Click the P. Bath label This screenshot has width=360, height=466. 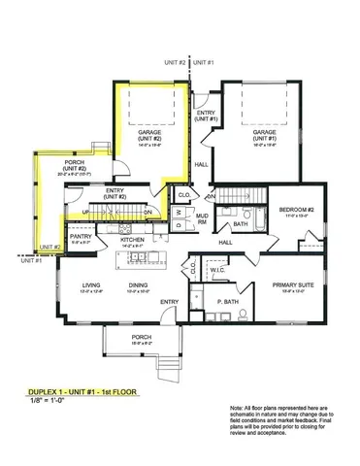pos(227,302)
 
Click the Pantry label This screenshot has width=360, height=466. pos(81,236)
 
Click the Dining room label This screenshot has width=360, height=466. pos(138,285)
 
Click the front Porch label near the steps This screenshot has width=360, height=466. pos(142,340)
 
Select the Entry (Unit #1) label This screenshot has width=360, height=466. pos(206,116)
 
